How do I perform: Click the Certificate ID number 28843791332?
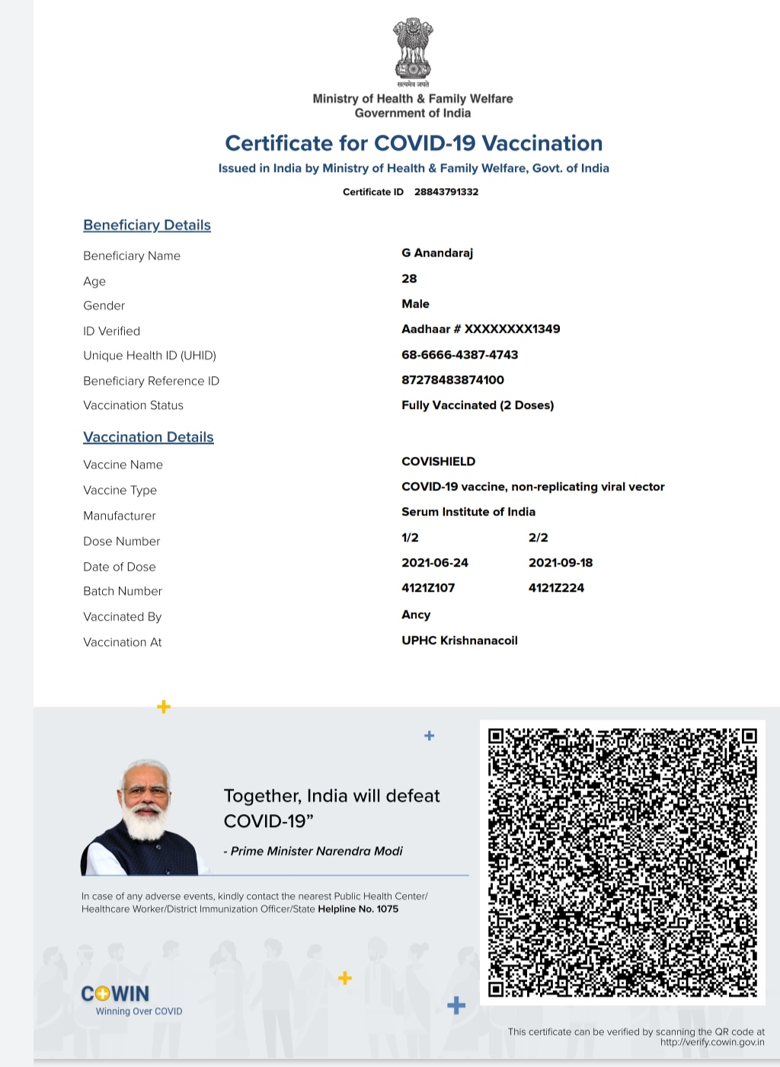[x=446, y=192]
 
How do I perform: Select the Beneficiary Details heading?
[x=147, y=225]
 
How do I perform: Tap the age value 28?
[x=409, y=279]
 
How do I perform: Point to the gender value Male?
[x=415, y=304]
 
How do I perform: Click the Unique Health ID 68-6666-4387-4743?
[x=459, y=355]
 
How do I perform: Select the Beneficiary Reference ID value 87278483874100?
[x=452, y=380]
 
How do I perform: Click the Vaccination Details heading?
[x=149, y=437]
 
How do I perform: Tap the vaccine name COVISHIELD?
[x=438, y=462]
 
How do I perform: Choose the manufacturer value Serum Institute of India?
[x=468, y=512]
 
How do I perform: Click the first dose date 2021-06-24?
[x=435, y=563]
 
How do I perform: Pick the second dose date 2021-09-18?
[x=561, y=563]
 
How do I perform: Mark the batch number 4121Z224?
[x=556, y=588]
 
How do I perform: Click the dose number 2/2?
[x=538, y=538]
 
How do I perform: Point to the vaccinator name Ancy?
[x=416, y=615]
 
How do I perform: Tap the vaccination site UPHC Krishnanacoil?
[x=459, y=641]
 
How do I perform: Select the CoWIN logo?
[x=116, y=994]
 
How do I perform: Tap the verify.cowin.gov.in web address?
[x=712, y=1043]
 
